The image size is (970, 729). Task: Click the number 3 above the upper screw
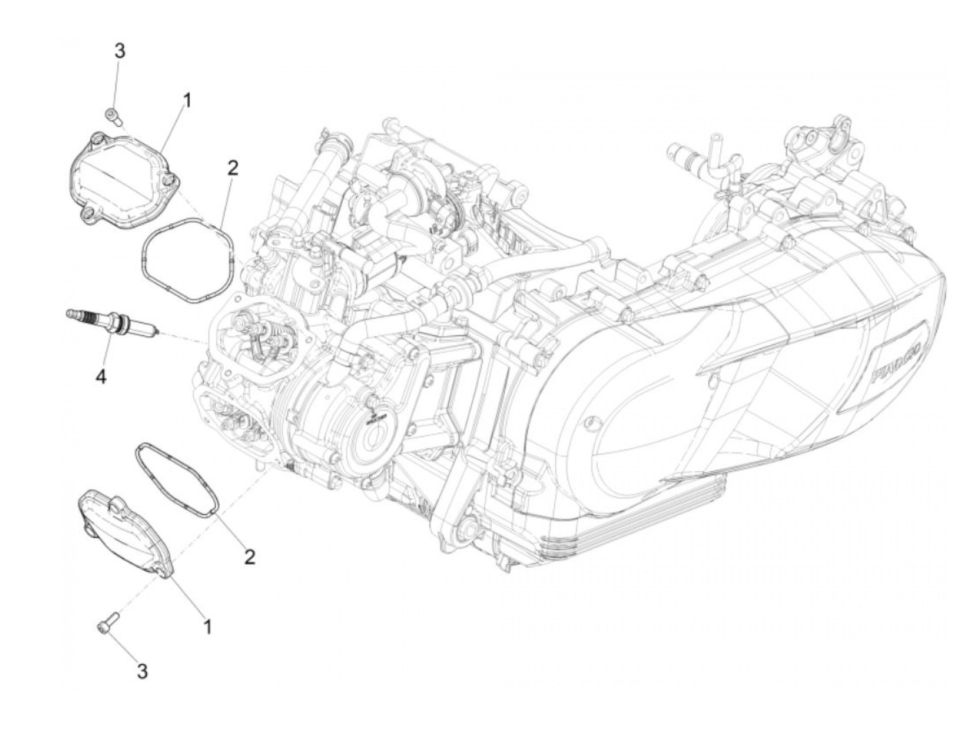[x=120, y=51]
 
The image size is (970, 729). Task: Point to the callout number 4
[x=101, y=377]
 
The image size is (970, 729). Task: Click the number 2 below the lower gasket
[x=249, y=556]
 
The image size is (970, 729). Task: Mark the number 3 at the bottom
[x=142, y=671]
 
